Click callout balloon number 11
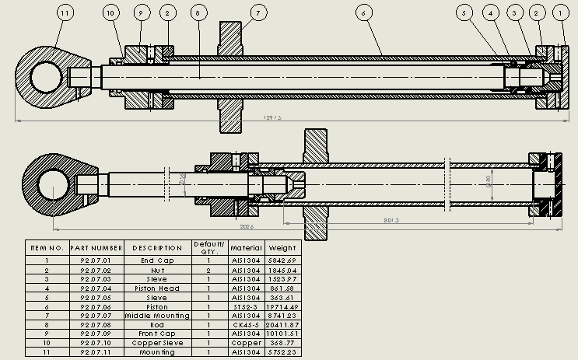click(x=64, y=13)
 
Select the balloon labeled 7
click(x=258, y=13)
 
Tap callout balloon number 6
click(x=363, y=13)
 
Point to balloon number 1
click(x=560, y=13)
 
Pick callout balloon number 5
click(x=465, y=13)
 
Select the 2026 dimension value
click(x=247, y=227)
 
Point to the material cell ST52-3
click(x=247, y=306)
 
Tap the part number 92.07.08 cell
click(x=96, y=325)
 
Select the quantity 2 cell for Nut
click(x=208, y=270)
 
